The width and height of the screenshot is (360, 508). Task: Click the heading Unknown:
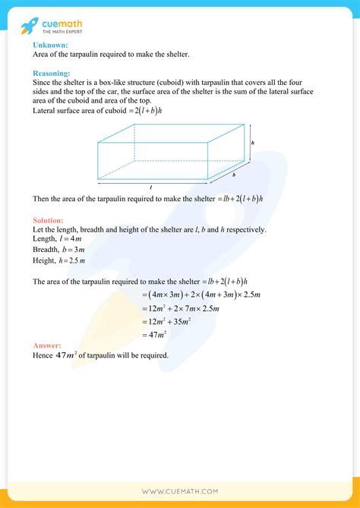click(x=50, y=45)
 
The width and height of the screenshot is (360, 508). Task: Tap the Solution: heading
click(x=49, y=220)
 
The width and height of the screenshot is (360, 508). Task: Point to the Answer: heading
click(x=48, y=346)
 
